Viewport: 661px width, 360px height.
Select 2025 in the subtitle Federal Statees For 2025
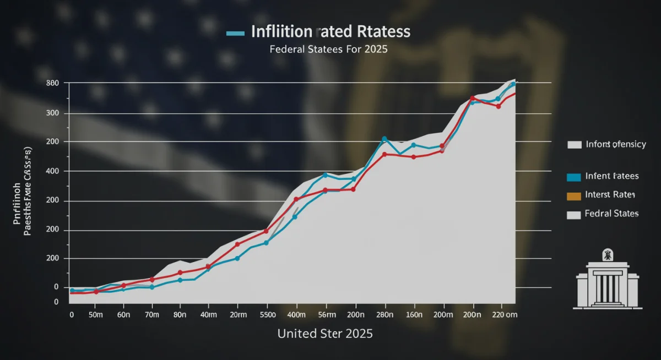point(376,49)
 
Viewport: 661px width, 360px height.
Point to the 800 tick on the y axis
point(53,83)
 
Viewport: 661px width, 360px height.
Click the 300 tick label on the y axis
point(53,113)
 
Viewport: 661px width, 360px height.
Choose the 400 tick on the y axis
point(53,171)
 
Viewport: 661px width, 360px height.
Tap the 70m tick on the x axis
point(152,314)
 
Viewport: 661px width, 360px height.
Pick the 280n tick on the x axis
point(384,314)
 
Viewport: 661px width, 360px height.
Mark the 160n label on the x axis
point(413,314)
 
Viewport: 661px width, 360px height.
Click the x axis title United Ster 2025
point(325,334)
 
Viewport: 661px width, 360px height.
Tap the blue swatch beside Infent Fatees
point(573,177)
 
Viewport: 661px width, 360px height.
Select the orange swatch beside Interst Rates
point(573,195)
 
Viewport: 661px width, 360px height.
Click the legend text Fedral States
point(611,214)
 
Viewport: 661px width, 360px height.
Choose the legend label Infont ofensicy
point(615,144)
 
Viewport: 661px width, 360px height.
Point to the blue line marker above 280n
point(384,139)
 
